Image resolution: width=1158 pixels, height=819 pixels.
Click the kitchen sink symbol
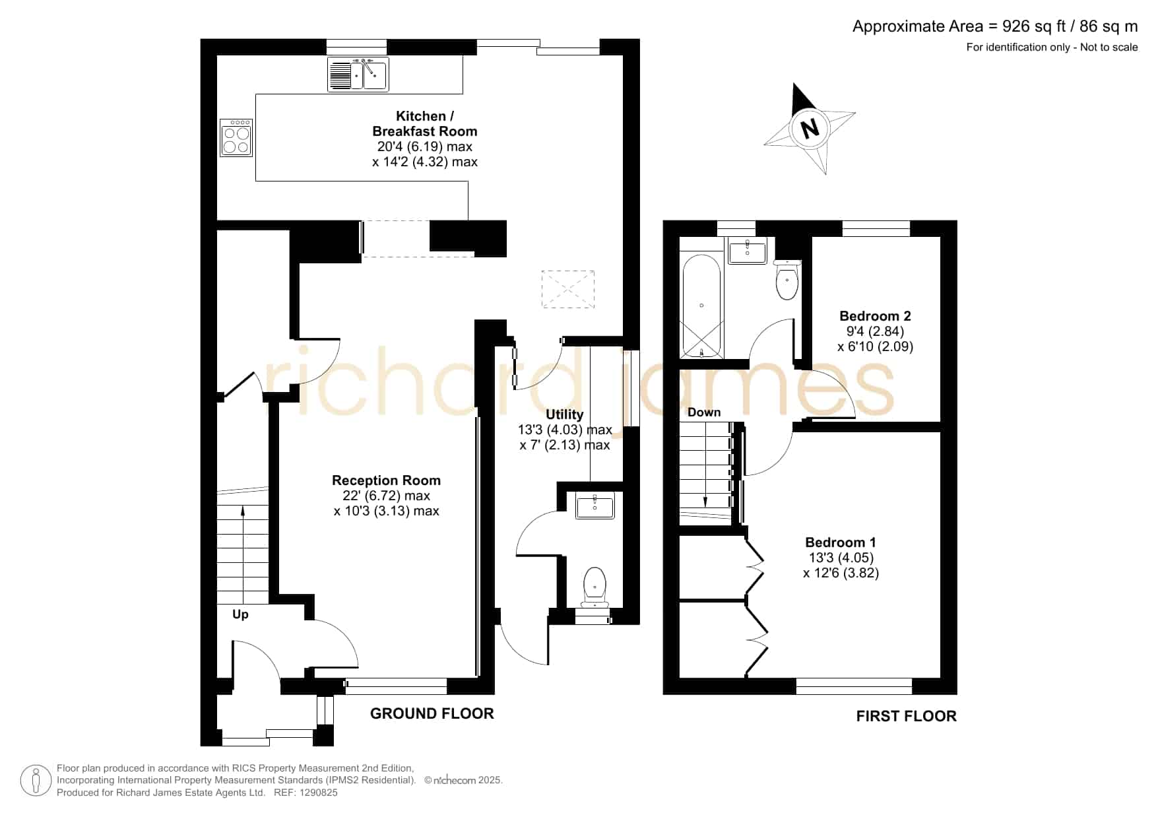tap(358, 74)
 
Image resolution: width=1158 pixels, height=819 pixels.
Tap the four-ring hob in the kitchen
tap(236, 137)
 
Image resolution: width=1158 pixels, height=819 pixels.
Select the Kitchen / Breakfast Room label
tap(425, 123)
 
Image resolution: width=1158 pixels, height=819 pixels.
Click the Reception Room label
tap(386, 480)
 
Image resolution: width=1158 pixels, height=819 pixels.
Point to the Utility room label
tap(564, 414)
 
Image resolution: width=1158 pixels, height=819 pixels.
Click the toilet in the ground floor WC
tap(595, 586)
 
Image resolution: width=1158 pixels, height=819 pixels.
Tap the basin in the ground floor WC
tap(595, 506)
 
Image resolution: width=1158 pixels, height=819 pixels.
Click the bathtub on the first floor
tap(701, 306)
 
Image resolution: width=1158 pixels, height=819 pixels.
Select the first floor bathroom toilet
tap(787, 279)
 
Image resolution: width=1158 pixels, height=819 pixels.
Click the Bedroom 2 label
tap(875, 316)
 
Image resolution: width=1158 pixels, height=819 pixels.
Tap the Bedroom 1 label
tap(841, 542)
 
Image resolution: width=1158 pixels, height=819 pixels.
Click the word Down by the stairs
tap(704, 412)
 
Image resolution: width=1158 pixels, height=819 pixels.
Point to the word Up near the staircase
tap(240, 615)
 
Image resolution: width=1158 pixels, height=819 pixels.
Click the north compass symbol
tap(810, 127)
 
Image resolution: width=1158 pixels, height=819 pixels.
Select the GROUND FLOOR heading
tap(432, 713)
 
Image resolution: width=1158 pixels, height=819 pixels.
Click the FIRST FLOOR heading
tap(906, 716)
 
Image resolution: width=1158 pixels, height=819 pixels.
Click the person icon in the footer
tap(36, 781)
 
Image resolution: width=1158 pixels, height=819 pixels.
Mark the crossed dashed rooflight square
tap(568, 289)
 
